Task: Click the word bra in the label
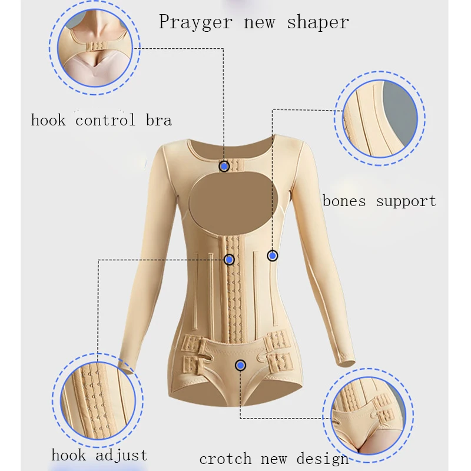pyautogui.click(x=158, y=121)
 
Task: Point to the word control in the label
pyautogui.click(x=105, y=121)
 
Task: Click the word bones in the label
pyautogui.click(x=344, y=201)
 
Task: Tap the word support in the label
pyautogui.click(x=406, y=202)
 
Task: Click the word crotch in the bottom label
pyautogui.click(x=226, y=459)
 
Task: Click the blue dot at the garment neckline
pyautogui.click(x=224, y=167)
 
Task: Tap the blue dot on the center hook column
pyautogui.click(x=230, y=260)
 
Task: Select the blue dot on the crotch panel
pyautogui.click(x=240, y=366)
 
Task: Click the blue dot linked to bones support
pyautogui.click(x=272, y=256)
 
